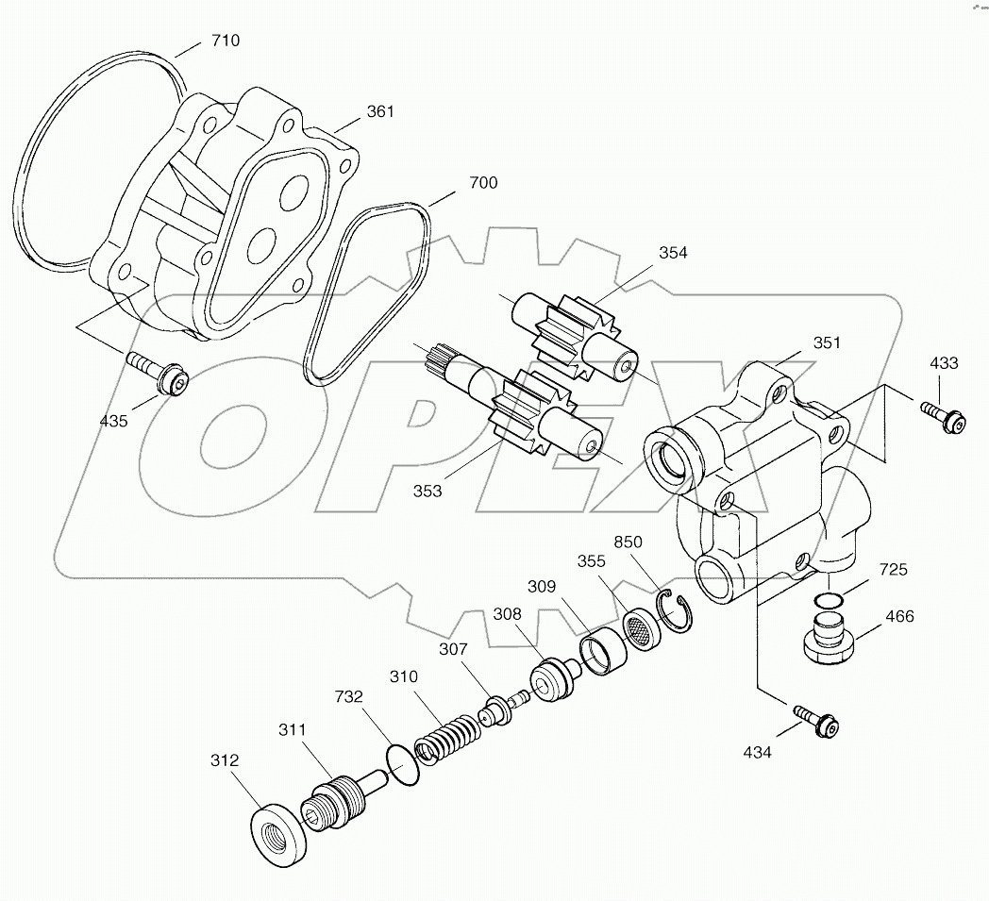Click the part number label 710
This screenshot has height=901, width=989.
coord(226,41)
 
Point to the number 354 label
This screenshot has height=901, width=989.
coord(673,252)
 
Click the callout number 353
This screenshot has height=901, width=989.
coord(427,492)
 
